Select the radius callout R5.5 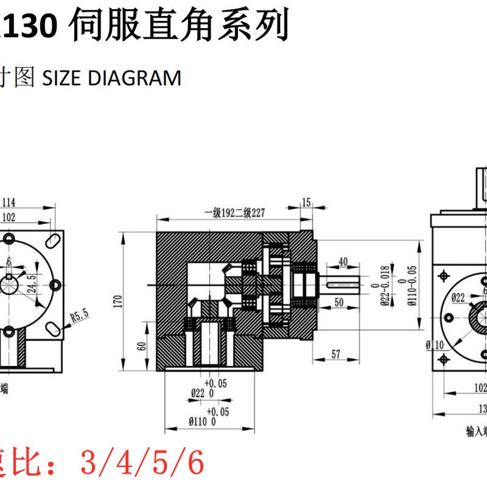click(x=79, y=315)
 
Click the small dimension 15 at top click(x=306, y=202)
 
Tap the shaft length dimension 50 click(x=339, y=303)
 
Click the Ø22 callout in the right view click(x=458, y=297)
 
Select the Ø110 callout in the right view click(x=434, y=345)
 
